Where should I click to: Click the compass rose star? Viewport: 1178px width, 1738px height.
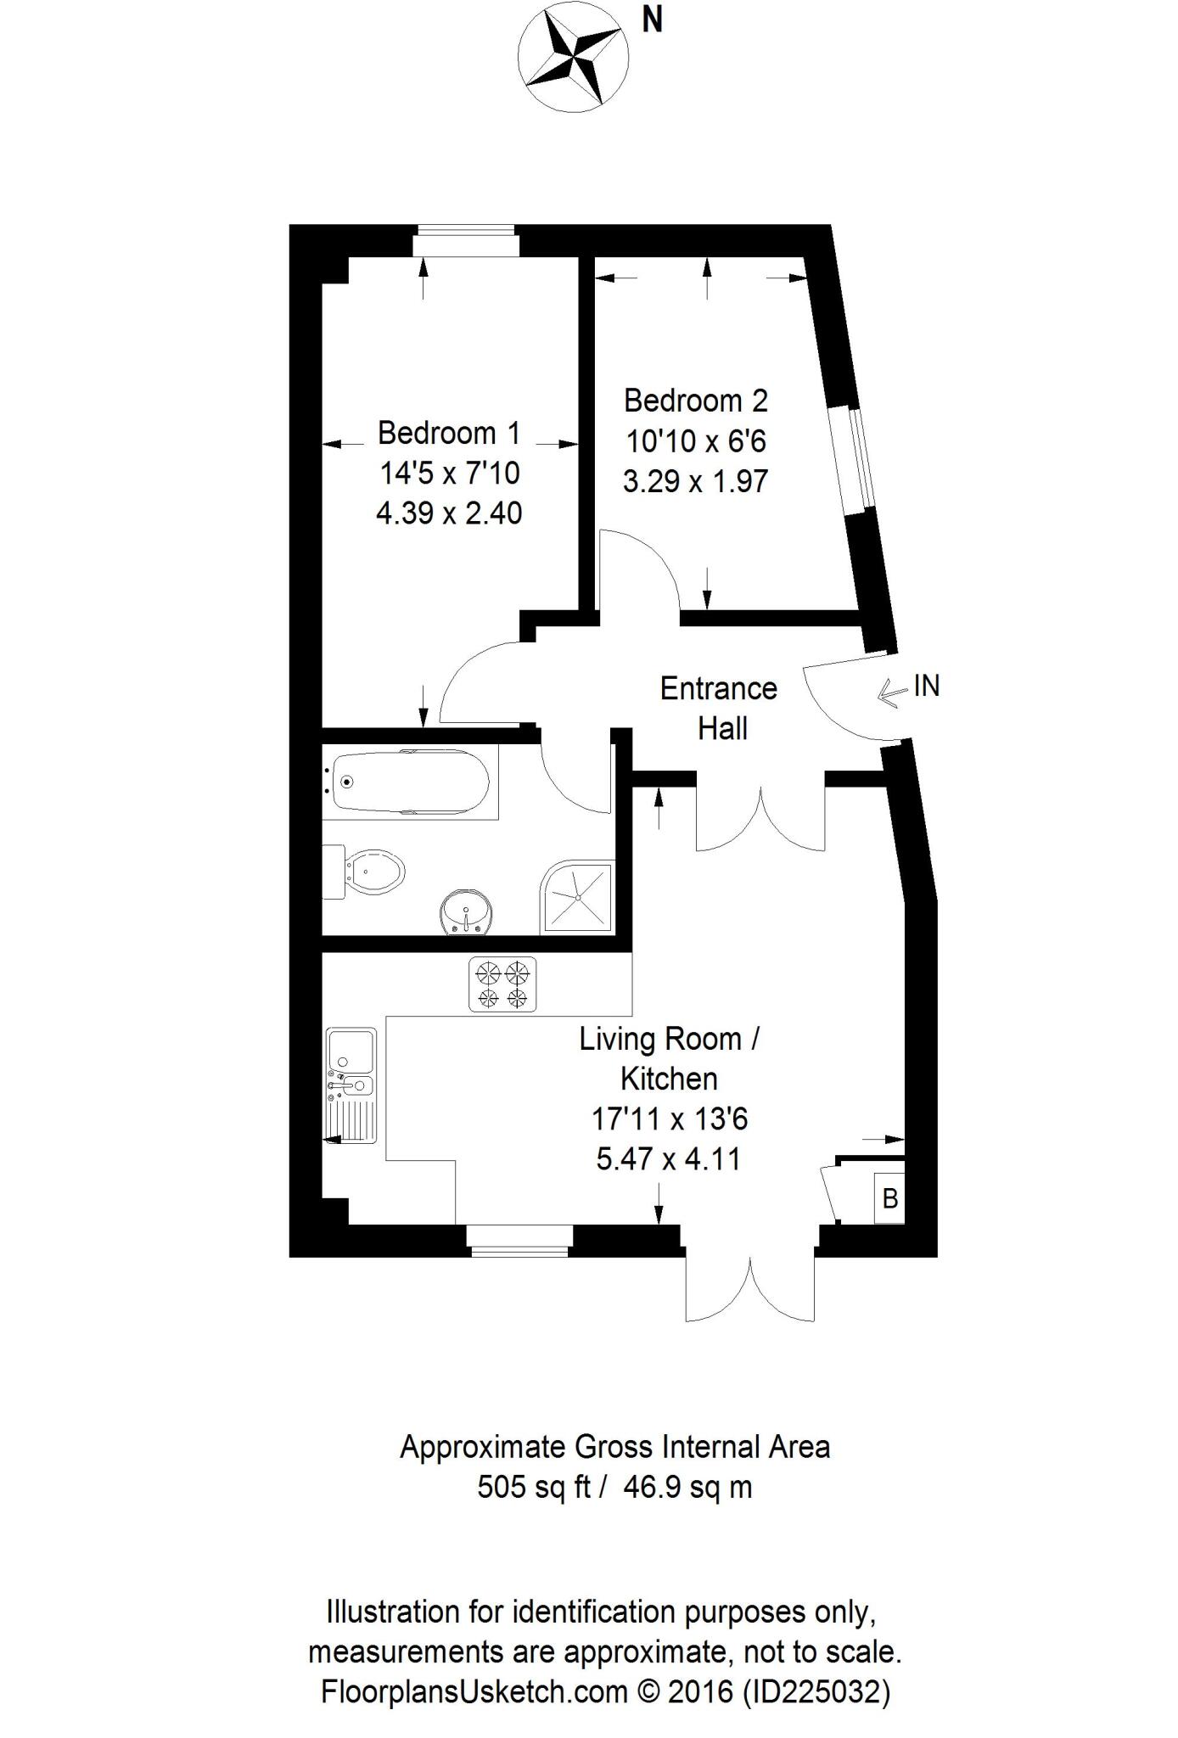tap(574, 56)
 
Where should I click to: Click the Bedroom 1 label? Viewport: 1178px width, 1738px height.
tap(448, 433)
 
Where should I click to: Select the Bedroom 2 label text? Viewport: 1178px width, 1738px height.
tap(695, 400)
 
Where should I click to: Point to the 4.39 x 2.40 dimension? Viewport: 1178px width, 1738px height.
tap(448, 513)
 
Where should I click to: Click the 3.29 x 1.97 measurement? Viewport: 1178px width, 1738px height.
tap(695, 481)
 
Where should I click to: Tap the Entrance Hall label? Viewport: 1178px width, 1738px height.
tap(719, 708)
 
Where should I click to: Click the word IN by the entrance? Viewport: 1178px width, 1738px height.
tap(927, 686)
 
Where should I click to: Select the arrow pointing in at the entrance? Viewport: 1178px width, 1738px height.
tap(892, 692)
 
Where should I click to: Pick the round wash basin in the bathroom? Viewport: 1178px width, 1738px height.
tap(466, 912)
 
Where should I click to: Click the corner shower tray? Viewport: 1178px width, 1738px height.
tap(578, 896)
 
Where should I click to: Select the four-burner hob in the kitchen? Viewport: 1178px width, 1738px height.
tap(502, 984)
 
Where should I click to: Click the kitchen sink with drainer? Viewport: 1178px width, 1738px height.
tap(351, 1085)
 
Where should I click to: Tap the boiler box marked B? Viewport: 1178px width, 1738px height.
tap(889, 1199)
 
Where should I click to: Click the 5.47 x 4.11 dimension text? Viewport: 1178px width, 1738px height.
tap(668, 1159)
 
